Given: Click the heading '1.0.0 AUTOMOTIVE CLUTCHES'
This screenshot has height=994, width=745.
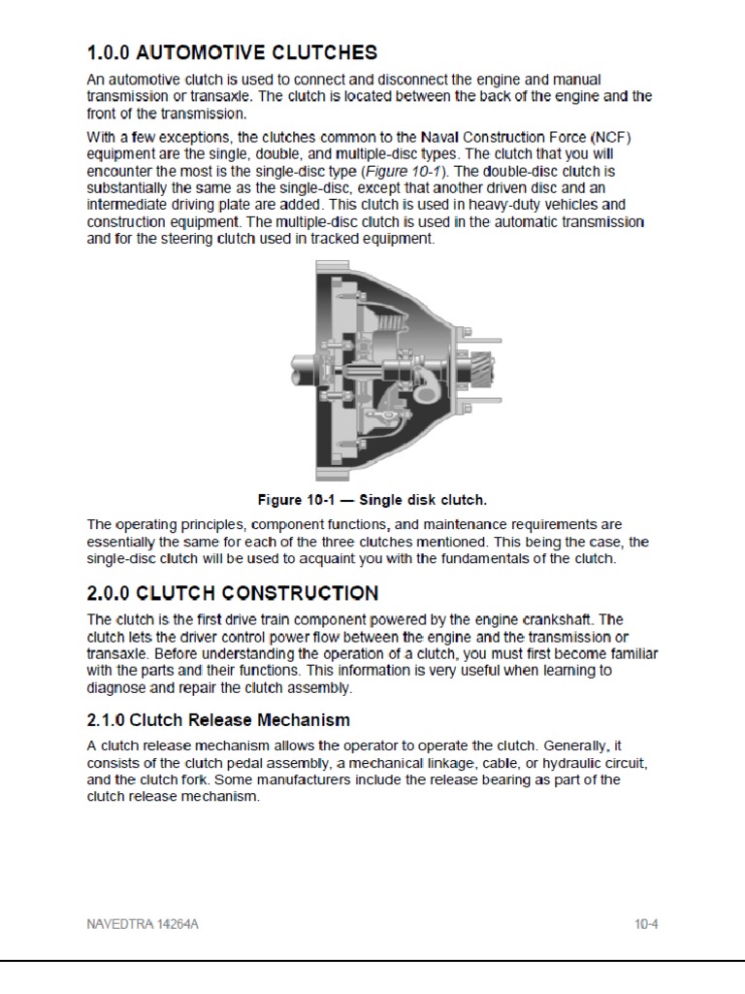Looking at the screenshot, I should coord(232,52).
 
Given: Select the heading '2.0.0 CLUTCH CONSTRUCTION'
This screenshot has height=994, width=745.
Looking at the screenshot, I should coord(233,592).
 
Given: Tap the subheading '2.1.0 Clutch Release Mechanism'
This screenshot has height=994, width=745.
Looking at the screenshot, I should coord(218,720).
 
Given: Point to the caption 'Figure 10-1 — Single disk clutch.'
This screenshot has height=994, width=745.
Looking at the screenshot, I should coord(372,501).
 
